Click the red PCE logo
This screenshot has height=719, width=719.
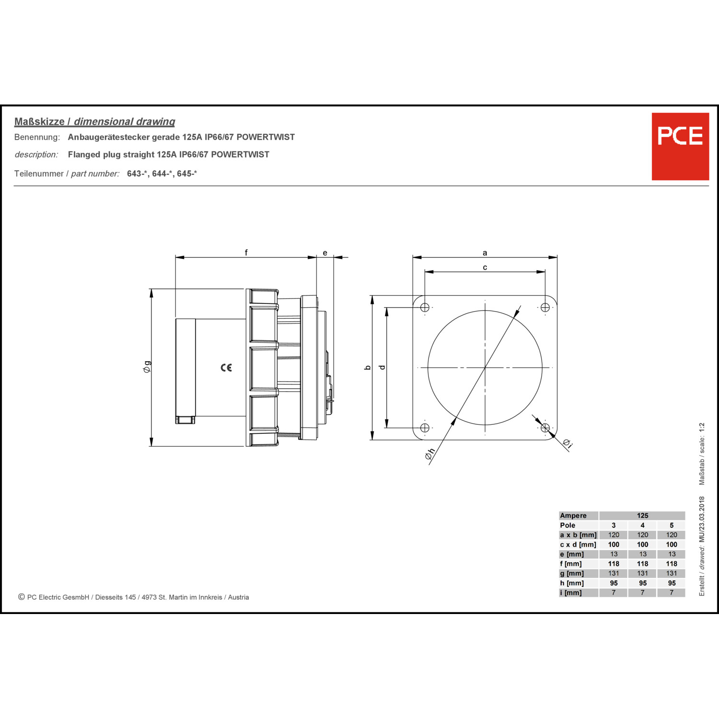pos(680,146)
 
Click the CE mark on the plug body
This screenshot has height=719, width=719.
pos(226,368)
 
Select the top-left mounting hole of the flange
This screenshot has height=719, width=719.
pos(425,307)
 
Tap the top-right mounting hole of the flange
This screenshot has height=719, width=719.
pos(545,307)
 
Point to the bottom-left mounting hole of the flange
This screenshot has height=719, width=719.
pos(425,428)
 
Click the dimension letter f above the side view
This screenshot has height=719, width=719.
pos(246,253)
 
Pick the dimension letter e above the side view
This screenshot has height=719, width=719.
pos(325,253)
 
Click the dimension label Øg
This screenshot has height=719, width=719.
pos(147,367)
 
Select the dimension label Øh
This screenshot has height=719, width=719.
pos(429,454)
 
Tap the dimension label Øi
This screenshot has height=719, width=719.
pos(567,444)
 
